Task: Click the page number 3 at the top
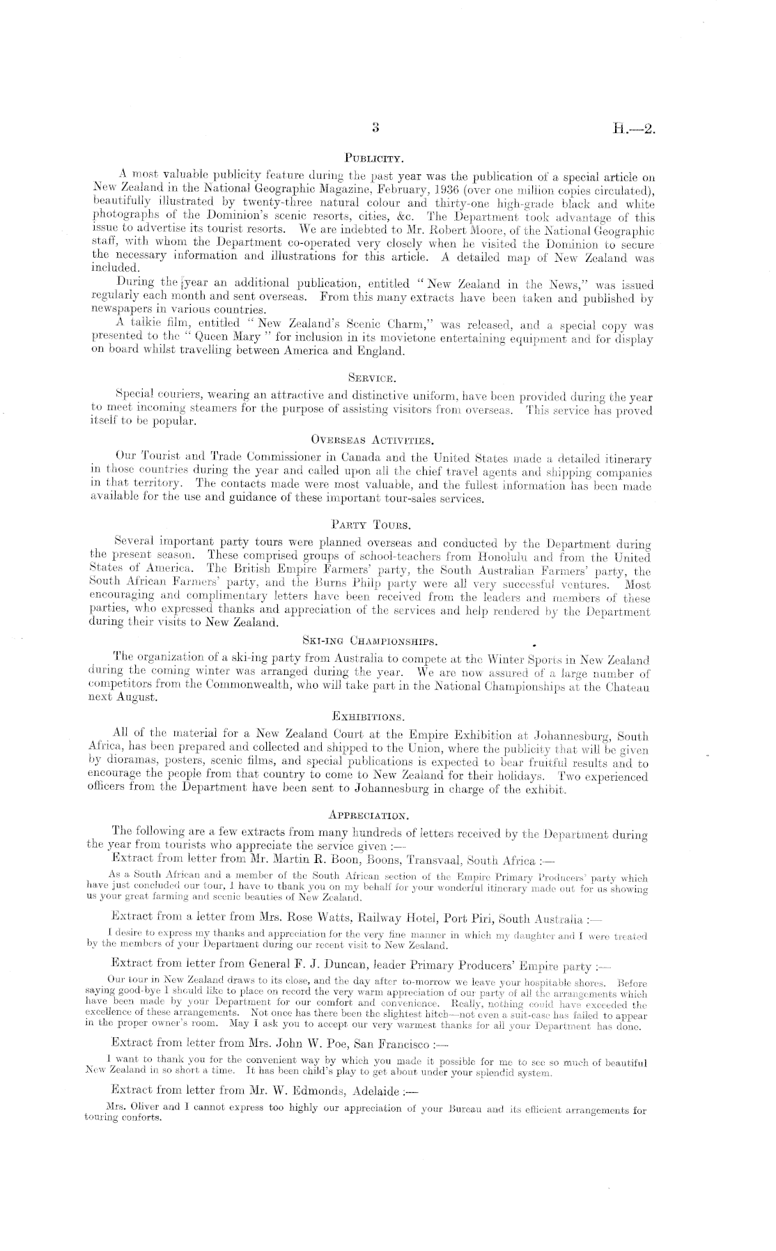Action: (x=375, y=127)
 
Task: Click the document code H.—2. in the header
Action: (x=636, y=129)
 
